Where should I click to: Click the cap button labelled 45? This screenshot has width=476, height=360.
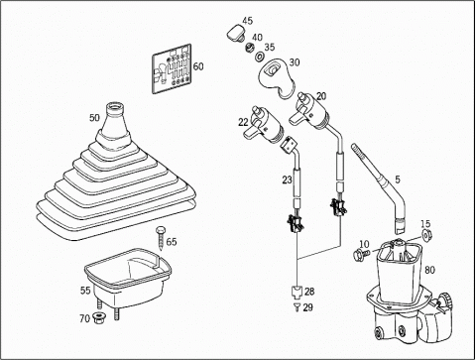click(x=236, y=34)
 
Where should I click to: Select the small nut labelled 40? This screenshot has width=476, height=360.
click(x=250, y=48)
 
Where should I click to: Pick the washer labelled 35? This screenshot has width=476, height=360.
click(x=259, y=57)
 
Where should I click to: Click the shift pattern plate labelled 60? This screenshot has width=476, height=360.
click(x=172, y=68)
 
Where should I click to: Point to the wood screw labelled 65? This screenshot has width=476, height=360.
click(x=161, y=238)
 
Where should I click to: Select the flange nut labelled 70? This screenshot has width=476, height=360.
click(x=98, y=319)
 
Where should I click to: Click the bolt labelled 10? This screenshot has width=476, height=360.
click(x=361, y=254)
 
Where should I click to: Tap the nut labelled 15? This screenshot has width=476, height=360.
click(x=426, y=235)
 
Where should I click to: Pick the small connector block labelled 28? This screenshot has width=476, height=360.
click(x=297, y=292)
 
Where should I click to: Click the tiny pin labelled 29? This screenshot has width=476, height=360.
click(x=297, y=307)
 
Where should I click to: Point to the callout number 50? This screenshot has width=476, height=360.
click(x=94, y=118)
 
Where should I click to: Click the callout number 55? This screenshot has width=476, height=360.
click(x=85, y=291)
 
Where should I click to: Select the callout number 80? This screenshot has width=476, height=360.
click(x=429, y=270)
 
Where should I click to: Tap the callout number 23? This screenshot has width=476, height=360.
click(x=287, y=180)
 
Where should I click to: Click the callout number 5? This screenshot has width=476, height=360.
click(x=398, y=180)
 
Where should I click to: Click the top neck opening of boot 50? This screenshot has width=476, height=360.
click(x=114, y=107)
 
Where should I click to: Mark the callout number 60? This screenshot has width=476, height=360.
click(x=198, y=66)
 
